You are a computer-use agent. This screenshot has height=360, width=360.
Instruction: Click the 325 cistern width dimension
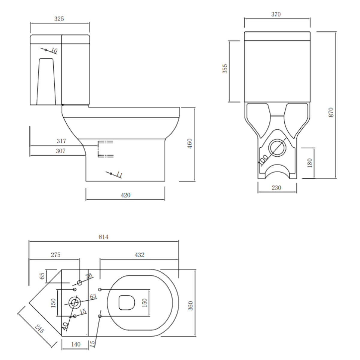(59, 19)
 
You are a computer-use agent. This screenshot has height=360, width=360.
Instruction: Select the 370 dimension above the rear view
(276, 14)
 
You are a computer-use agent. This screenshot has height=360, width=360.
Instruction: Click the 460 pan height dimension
(190, 144)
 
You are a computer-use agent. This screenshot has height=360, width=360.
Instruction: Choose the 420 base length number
(125, 195)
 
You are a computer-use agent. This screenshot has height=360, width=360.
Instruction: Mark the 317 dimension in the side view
(61, 141)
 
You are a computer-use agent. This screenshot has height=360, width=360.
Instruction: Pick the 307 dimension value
(61, 151)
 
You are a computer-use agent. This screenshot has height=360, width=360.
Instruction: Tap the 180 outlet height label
(310, 163)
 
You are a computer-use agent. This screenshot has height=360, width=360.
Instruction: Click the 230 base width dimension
(276, 188)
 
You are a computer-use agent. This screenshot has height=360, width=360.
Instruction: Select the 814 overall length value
(103, 237)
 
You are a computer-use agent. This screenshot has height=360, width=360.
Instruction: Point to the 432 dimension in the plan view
(139, 255)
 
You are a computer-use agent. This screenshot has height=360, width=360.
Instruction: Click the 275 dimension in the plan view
(55, 255)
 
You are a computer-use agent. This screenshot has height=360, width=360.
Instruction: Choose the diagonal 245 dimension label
(39, 330)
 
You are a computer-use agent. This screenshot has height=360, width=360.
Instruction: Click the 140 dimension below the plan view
(76, 344)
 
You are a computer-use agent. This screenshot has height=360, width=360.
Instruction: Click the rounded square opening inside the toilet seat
(127, 303)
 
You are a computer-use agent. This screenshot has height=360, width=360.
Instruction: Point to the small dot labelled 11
(111, 174)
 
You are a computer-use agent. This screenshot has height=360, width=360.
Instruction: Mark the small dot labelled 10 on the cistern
(46, 50)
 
